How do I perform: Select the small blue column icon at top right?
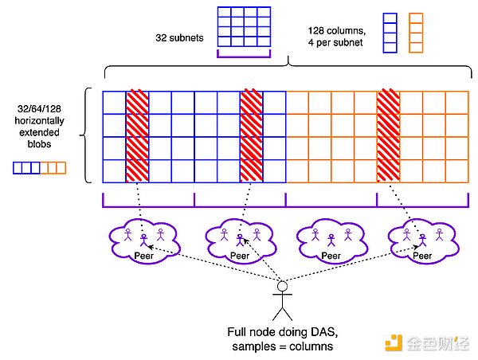(390, 33)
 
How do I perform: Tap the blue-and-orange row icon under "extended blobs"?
(40, 168)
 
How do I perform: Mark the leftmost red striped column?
(137, 136)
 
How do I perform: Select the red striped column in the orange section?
(388, 136)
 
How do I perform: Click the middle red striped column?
(252, 136)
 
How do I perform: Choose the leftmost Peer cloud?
(143, 240)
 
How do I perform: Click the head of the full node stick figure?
(282, 286)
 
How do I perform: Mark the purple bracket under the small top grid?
(245, 57)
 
